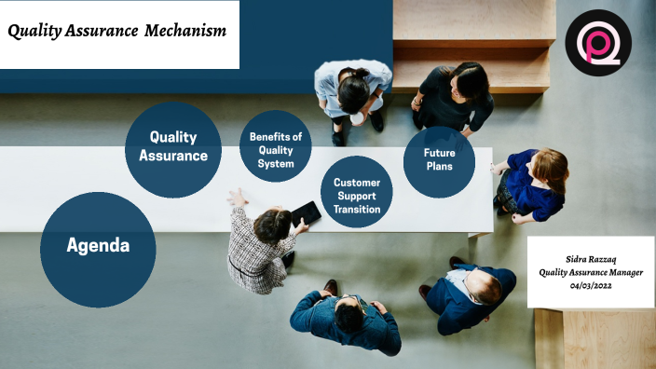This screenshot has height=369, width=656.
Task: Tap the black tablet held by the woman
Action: [x=306, y=214]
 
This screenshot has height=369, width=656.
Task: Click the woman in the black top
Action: [x=456, y=97]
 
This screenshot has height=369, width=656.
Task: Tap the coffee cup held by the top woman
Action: [x=358, y=119]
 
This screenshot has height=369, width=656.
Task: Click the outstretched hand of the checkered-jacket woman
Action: [x=237, y=197]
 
